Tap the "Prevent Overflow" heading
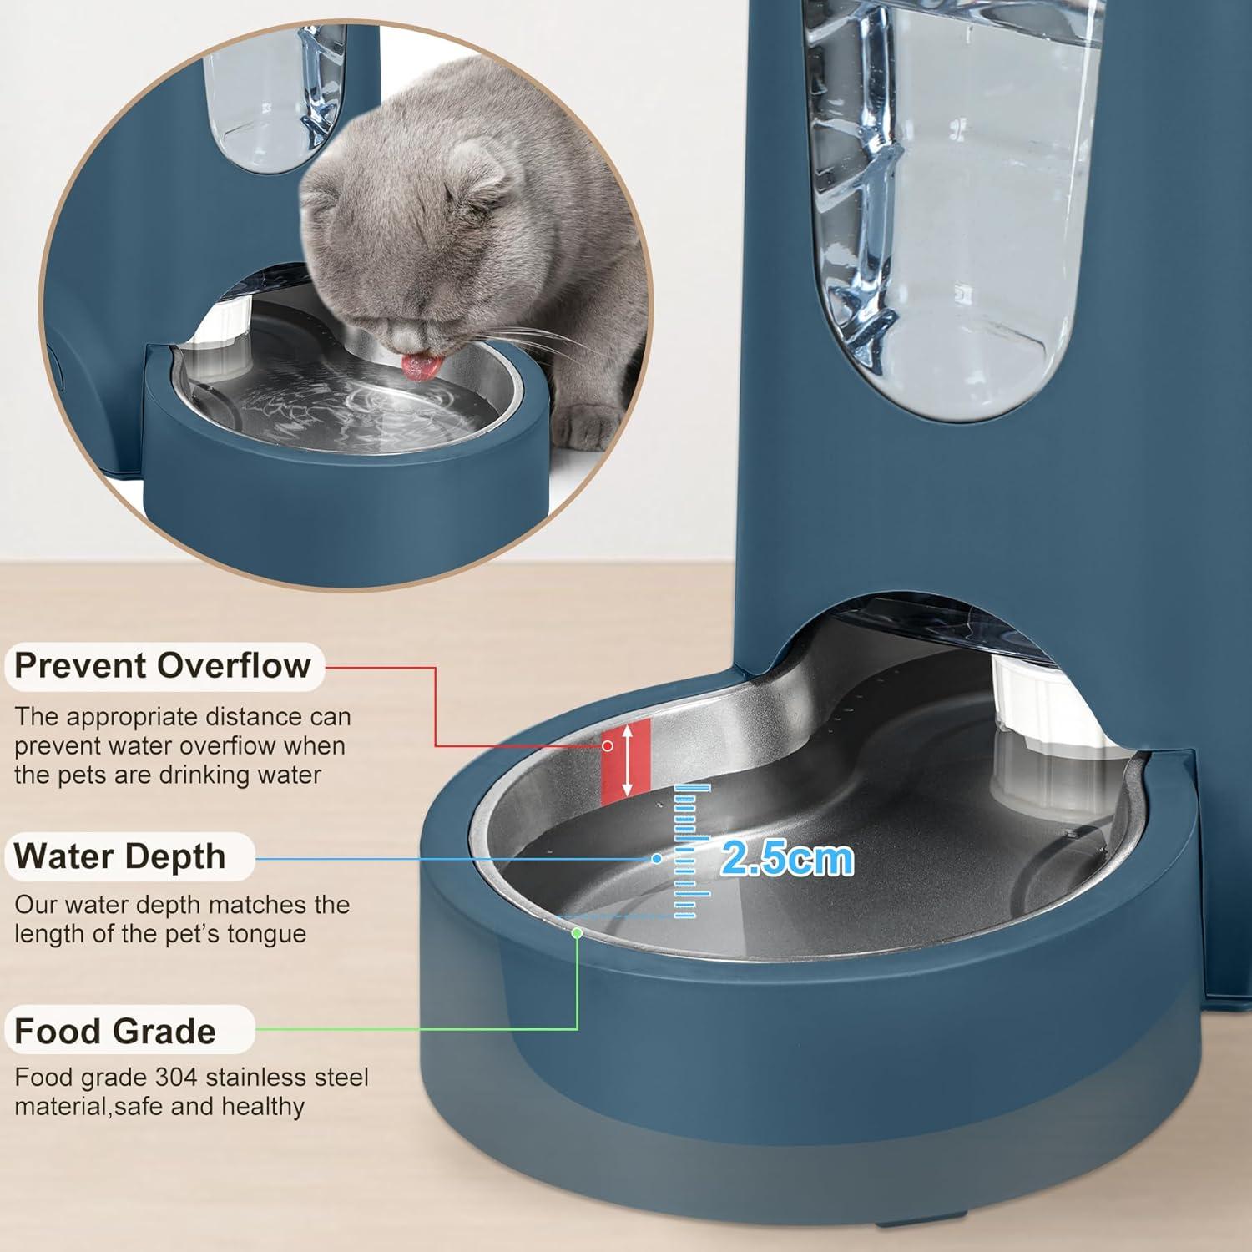(x=163, y=666)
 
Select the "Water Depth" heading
(x=120, y=856)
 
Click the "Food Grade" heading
(x=115, y=1032)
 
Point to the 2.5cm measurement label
(x=787, y=858)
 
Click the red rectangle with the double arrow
(x=626, y=760)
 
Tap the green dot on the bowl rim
(x=577, y=932)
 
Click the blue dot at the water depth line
(x=657, y=858)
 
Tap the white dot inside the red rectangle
(x=608, y=745)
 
